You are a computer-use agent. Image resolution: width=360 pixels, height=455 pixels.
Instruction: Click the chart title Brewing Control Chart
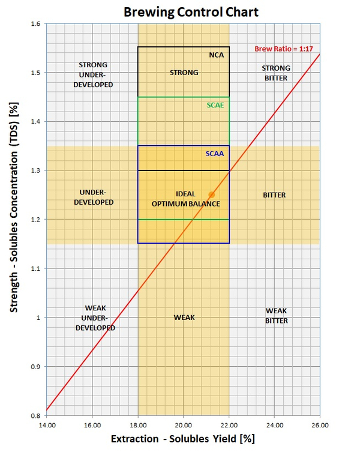tap(183, 11)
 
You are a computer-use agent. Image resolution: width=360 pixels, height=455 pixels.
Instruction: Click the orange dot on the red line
tap(211, 194)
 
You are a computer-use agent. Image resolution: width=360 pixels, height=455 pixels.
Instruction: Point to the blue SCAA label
tap(215, 154)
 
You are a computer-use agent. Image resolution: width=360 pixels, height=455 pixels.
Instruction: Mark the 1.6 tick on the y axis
tap(35, 24)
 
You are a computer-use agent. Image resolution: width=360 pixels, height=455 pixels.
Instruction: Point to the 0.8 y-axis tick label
tap(35, 415)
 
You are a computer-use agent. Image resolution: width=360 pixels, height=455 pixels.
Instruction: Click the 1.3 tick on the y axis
tap(35, 171)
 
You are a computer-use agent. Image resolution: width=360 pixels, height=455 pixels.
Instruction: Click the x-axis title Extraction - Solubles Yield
tap(183, 439)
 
